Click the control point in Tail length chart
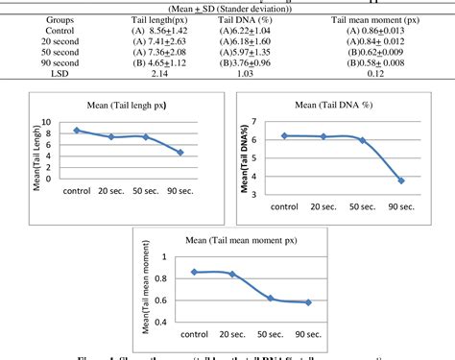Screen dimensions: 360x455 tap(78, 130)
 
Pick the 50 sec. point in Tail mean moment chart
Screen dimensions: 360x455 tap(271, 299)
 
